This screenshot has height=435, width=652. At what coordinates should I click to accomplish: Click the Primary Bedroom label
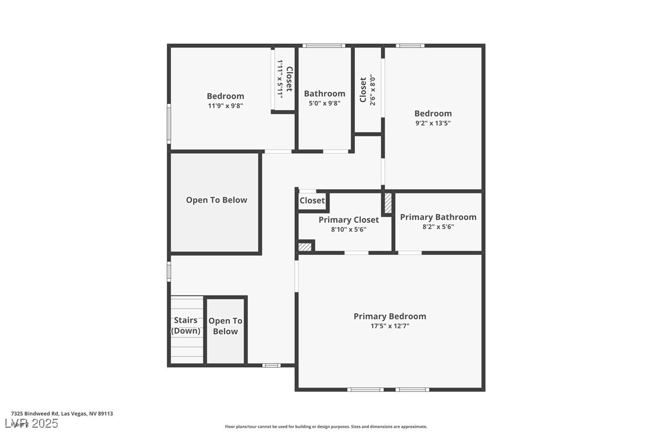point(390,316)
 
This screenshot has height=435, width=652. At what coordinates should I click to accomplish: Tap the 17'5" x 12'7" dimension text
point(390,326)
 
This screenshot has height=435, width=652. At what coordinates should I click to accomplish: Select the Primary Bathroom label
point(438,217)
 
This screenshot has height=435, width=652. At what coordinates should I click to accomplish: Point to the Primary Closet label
point(348,220)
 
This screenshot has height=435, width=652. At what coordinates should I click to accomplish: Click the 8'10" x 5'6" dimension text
point(348,230)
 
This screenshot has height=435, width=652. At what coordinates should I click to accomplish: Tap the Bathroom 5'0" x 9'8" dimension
point(324,103)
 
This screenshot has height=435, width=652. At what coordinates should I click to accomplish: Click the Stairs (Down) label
point(186,326)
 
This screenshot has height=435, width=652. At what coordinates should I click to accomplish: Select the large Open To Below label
point(216,200)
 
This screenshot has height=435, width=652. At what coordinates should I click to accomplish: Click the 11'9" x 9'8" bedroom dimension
point(225,106)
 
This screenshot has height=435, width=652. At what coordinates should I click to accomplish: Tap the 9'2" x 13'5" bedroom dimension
point(433,123)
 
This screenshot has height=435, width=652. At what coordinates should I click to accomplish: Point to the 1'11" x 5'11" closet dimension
point(280,79)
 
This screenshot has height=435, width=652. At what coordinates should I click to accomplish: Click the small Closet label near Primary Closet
point(312,201)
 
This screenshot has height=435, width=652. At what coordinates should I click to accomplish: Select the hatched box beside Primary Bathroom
point(388,202)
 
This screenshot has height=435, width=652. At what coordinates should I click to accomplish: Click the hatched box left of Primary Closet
point(305,246)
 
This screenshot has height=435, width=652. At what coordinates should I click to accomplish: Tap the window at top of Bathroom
point(323,46)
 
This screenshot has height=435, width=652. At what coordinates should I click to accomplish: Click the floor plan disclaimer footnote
point(326,427)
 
